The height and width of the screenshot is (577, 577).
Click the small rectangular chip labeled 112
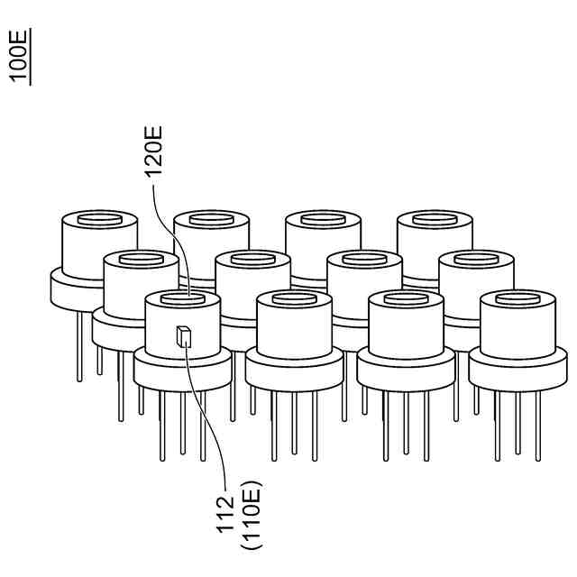183,337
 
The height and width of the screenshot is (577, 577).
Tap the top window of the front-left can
181,298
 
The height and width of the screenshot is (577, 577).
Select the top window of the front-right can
517,298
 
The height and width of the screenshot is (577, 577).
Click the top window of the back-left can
98,219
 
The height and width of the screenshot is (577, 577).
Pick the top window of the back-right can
434,219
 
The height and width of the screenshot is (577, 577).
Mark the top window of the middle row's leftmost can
141,261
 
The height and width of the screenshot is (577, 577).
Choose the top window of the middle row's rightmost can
476,261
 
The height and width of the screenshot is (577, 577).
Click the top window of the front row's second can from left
293,298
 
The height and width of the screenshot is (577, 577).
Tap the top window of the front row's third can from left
405,298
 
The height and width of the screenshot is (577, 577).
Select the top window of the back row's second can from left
210,219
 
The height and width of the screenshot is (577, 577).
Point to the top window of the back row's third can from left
322,219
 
